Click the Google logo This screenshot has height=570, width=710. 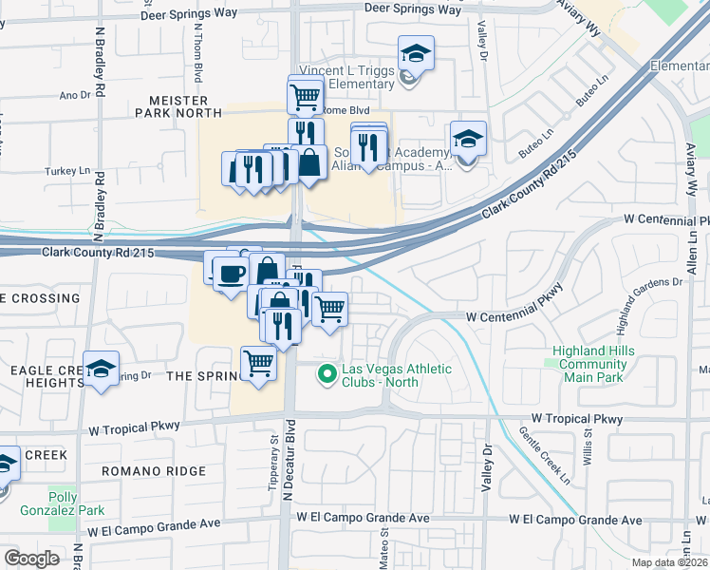[x=31, y=559]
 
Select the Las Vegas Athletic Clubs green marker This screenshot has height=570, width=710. [x=327, y=374]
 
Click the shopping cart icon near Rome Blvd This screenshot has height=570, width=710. [x=306, y=96]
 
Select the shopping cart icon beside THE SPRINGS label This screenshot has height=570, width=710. [x=258, y=363]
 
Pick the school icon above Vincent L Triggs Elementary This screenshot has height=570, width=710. [x=416, y=53]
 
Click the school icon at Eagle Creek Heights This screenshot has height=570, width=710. [x=101, y=370]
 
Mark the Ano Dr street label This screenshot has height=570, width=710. [x=74, y=95]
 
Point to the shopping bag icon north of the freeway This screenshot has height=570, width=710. [x=309, y=163]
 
